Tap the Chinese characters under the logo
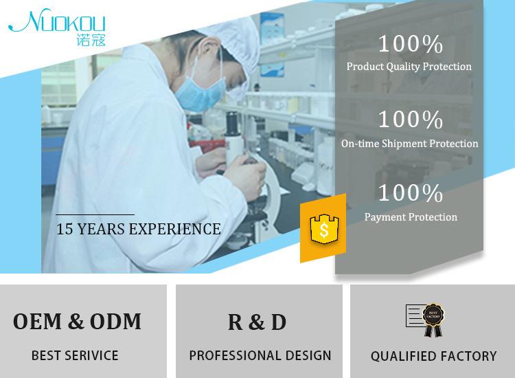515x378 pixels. pos(91,40)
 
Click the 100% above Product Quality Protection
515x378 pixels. pos(411,44)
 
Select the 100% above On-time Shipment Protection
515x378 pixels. pos(411,119)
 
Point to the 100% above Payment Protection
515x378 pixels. pos(411,192)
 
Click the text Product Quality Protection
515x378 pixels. pos(409,67)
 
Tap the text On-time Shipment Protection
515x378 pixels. pos(409,144)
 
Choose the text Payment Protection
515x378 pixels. pos(411,217)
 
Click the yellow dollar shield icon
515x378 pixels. pos(324,229)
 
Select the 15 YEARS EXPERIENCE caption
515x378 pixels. pos(138,229)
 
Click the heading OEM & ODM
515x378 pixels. pos(77,321)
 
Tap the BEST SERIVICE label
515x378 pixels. pos(75,355)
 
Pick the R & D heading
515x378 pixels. pos(257,322)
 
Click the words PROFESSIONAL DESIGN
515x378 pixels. pos(260,355)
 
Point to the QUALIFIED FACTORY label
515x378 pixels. pos(433,356)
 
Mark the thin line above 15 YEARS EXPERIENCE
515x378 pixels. pos(95,214)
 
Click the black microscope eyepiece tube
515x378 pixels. pos(233,124)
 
